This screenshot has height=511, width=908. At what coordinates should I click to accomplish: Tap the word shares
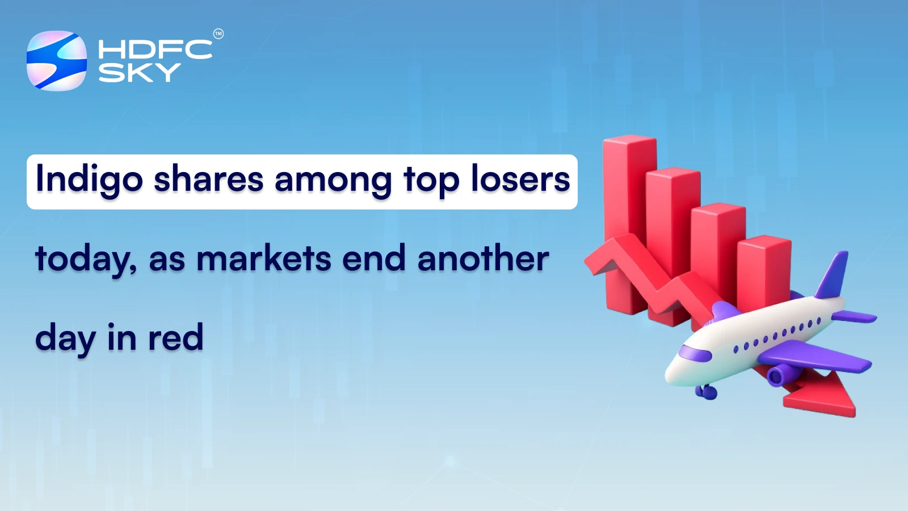tap(208, 179)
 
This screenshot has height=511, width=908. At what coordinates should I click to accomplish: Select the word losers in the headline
tap(520, 179)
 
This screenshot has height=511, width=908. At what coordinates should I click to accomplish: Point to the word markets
tap(263, 259)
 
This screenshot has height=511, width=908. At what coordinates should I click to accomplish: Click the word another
tap(483, 259)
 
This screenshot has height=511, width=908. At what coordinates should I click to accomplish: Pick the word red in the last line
tap(175, 338)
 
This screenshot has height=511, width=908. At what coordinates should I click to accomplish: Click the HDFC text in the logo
tap(155, 49)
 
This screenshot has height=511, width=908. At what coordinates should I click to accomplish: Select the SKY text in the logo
tap(140, 72)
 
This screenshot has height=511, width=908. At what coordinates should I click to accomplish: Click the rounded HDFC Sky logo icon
tap(57, 61)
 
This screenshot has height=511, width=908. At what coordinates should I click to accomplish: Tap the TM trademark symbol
tap(218, 34)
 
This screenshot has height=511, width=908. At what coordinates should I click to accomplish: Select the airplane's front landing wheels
tap(706, 391)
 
